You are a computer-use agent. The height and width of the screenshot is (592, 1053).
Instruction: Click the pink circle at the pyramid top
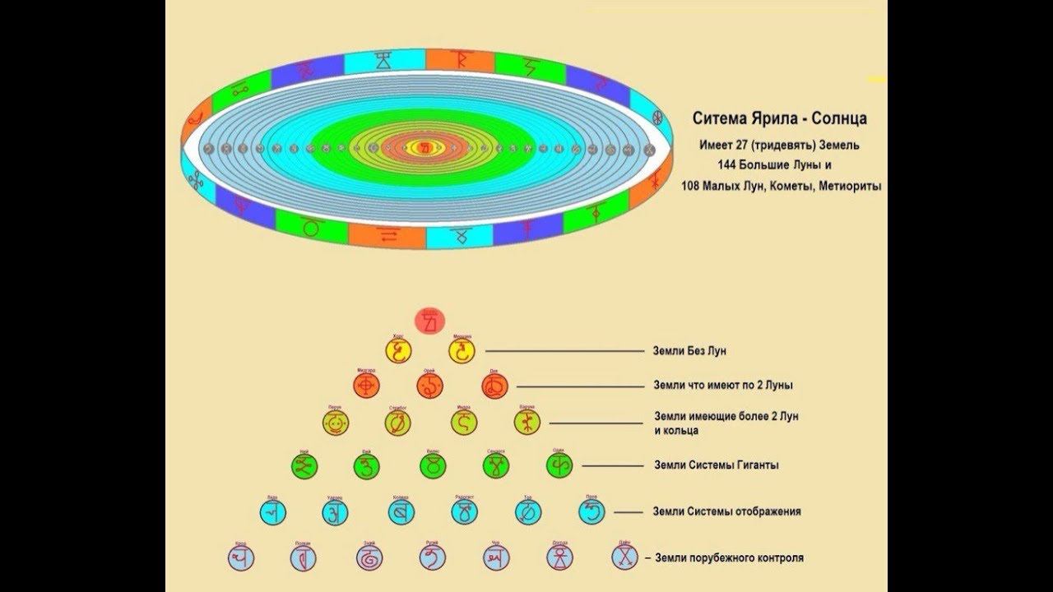tap(430, 320)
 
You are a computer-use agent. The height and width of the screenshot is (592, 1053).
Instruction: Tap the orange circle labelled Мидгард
tap(366, 384)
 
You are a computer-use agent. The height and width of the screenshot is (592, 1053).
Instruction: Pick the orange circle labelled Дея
tap(495, 385)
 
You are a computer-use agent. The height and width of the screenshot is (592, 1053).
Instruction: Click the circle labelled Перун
tap(335, 423)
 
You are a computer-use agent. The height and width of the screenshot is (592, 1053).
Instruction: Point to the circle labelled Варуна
tap(527, 423)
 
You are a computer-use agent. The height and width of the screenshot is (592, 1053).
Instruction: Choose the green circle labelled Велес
tap(432, 466)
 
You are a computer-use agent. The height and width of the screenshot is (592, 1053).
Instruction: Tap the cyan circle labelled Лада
tap(272, 511)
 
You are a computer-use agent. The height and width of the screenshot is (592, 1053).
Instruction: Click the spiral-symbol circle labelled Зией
tap(368, 557)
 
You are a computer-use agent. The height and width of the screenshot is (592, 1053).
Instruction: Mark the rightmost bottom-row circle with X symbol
tap(624, 557)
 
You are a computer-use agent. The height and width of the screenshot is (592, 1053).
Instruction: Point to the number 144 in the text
tap(728, 164)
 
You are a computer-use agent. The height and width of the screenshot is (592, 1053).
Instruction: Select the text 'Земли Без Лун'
tap(689, 351)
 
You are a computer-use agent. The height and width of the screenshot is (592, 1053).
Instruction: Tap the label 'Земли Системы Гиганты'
tap(716, 465)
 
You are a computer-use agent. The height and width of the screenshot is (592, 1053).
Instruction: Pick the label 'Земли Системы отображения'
tap(726, 511)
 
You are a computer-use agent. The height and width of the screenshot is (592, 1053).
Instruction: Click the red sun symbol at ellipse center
tap(426, 148)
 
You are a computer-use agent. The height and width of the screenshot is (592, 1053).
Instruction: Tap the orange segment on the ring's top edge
tap(459, 61)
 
